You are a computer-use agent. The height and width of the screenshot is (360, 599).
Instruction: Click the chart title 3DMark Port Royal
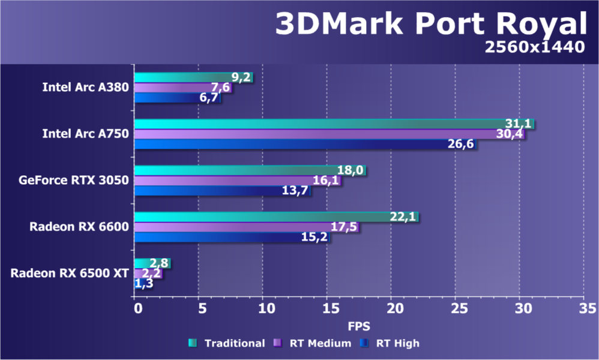[430, 25]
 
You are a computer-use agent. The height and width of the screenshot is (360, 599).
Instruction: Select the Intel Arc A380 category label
[85, 87]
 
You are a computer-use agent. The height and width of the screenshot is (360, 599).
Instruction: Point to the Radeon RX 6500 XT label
[70, 273]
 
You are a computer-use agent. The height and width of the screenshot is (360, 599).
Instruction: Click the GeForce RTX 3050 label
[74, 180]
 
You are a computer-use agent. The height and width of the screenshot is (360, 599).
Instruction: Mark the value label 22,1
[403, 217]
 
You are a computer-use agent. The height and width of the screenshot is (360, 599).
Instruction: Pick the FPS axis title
[359, 326]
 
